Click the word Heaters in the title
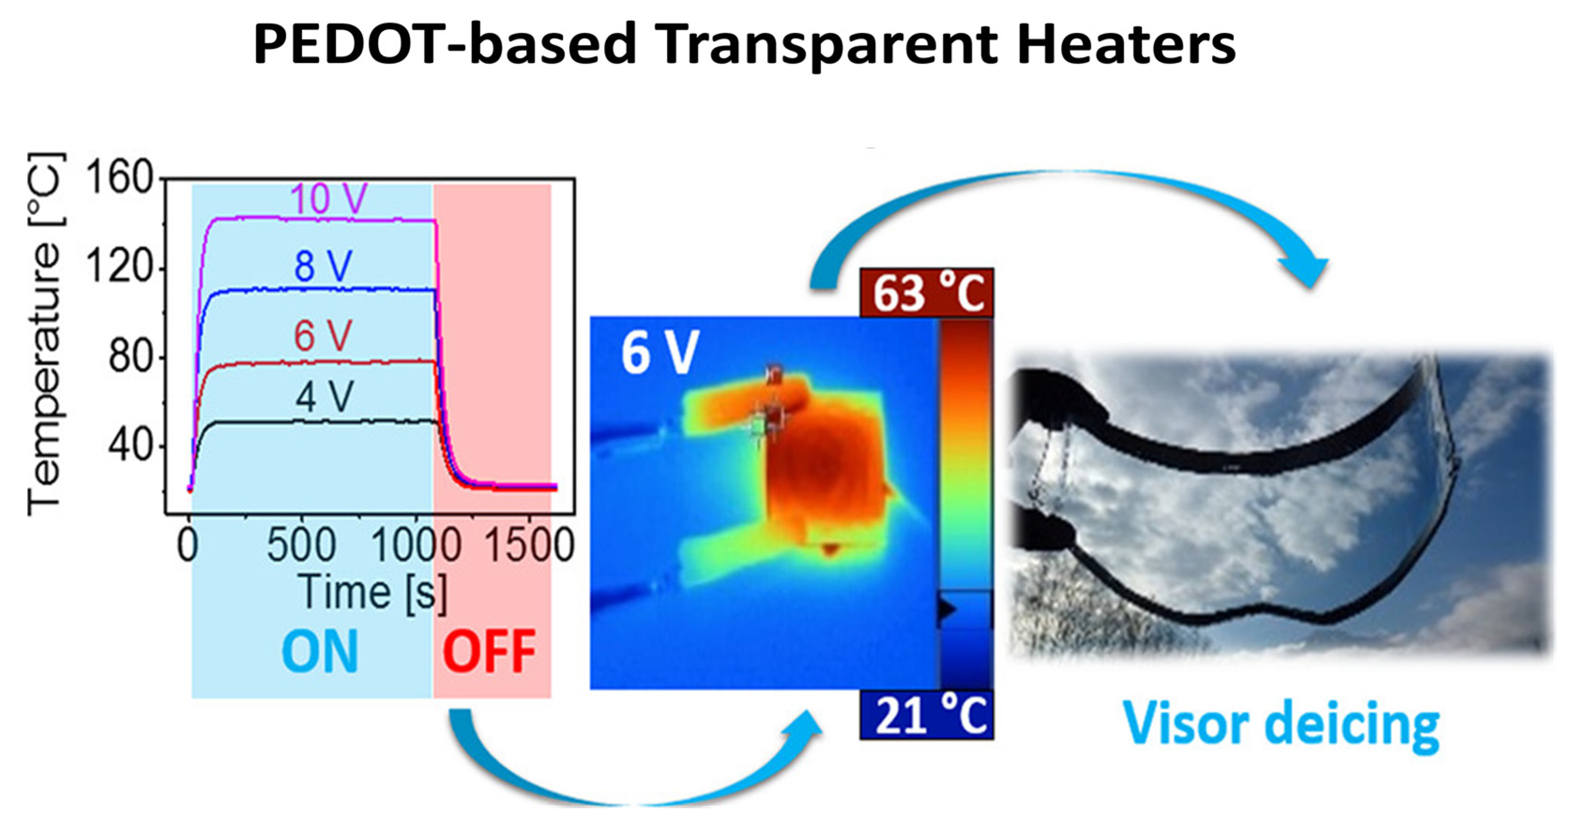[x=1126, y=44]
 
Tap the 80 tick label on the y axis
[x=130, y=357]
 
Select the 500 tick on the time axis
[x=302, y=545]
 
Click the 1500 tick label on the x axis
[x=529, y=545]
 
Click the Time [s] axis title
[x=373, y=592]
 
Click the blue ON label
[x=320, y=652]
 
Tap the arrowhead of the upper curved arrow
[x=1306, y=272]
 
